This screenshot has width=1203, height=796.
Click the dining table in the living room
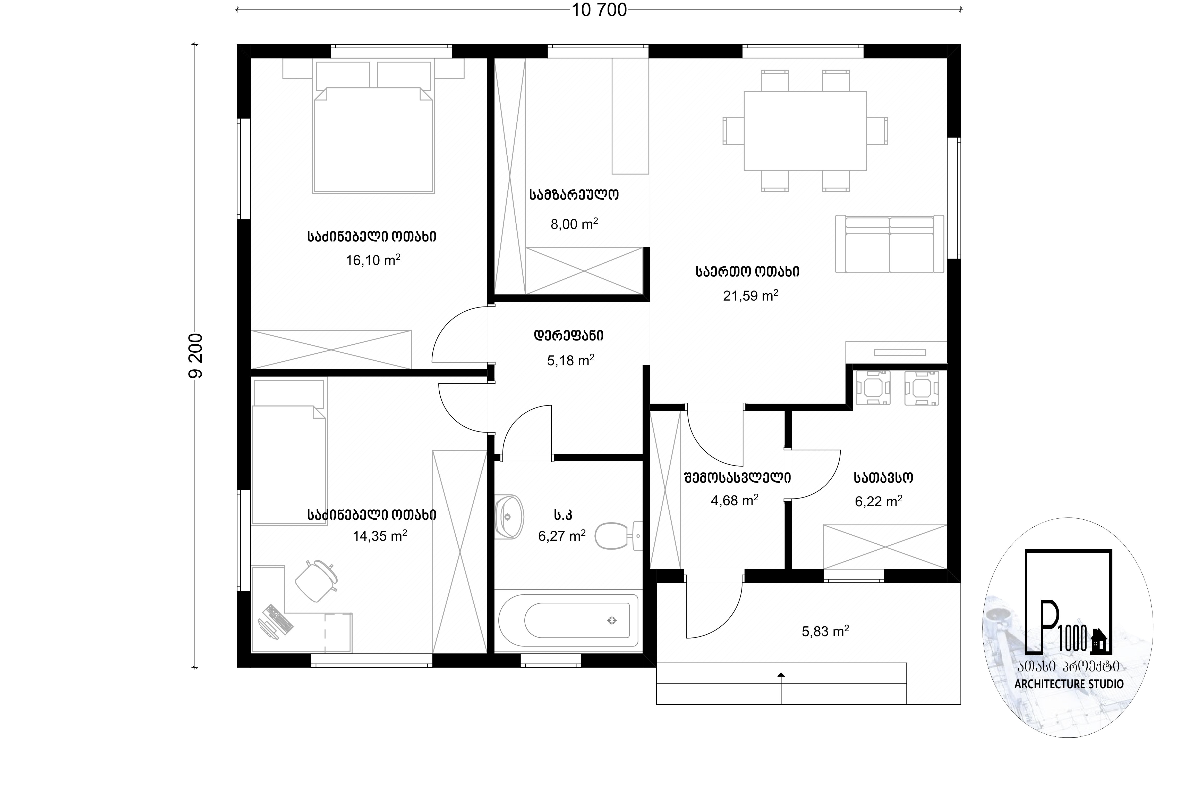(x=805, y=130)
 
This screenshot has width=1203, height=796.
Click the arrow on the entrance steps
(x=781, y=688)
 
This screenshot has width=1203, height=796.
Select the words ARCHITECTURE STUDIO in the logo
(x=1069, y=684)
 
